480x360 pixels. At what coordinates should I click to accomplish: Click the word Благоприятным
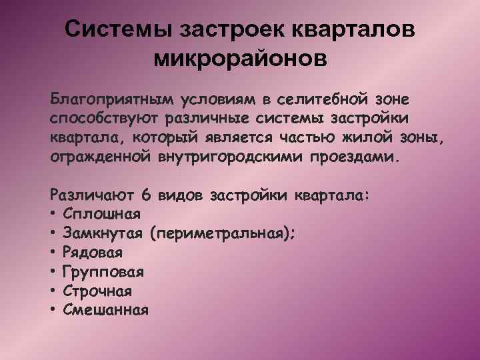point(109,99)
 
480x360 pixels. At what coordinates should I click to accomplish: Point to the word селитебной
point(324,99)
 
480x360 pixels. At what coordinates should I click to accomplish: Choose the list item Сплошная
point(101,215)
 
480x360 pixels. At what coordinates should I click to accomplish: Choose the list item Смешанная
point(105,311)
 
